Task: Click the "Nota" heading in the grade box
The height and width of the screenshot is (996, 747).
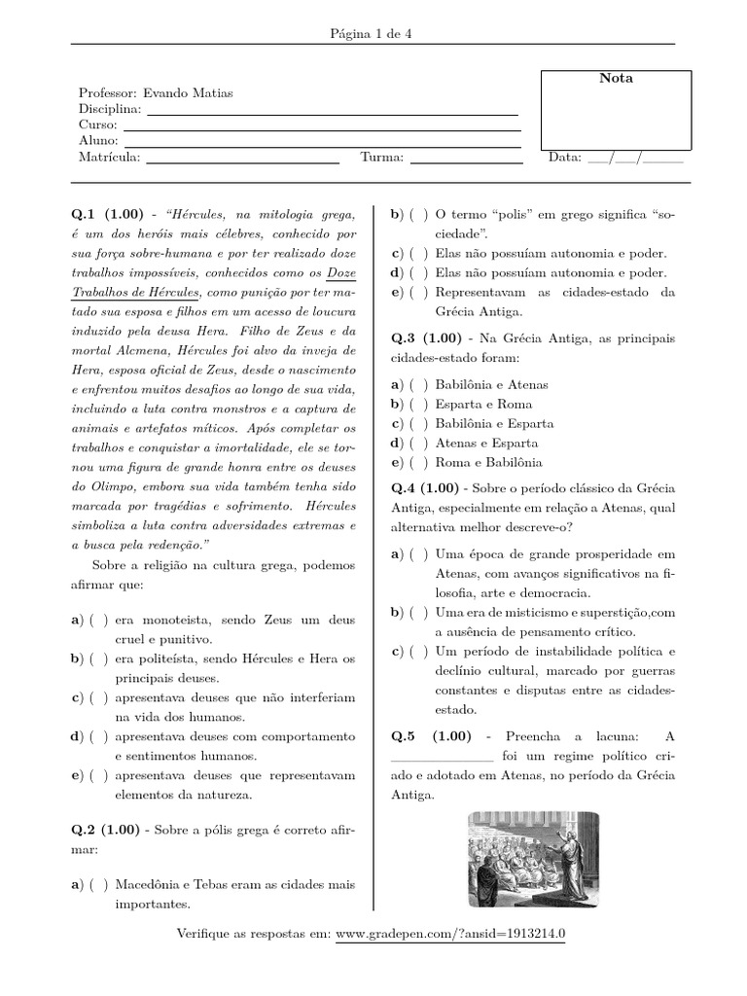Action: pyautogui.click(x=615, y=78)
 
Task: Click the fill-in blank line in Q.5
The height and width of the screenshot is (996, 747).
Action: pyautogui.click(x=442, y=758)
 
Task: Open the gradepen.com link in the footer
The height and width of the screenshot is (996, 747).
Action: pyautogui.click(x=449, y=934)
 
